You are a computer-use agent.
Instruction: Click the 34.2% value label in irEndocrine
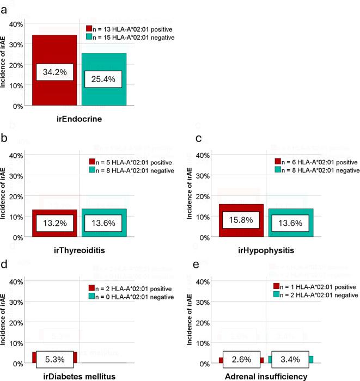click(54, 72)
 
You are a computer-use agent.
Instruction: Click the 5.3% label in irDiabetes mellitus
click(54, 358)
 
